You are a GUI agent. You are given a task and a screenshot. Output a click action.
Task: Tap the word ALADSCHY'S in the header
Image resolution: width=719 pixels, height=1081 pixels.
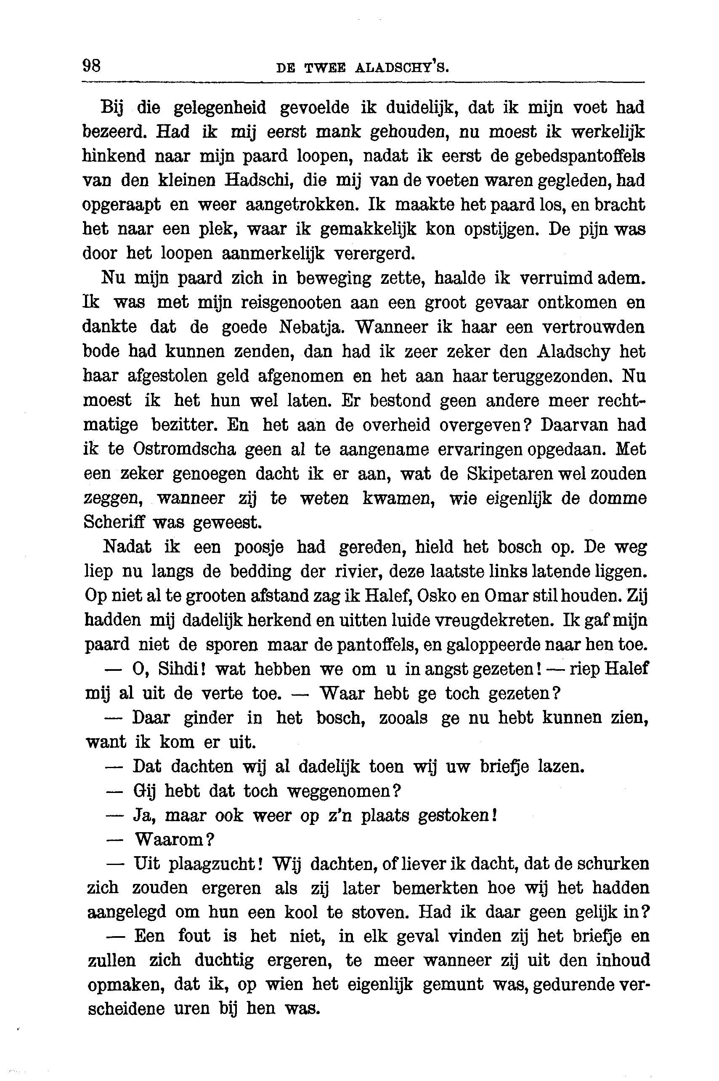402,68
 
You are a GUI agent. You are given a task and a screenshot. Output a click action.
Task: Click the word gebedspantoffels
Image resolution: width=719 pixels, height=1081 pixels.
580,157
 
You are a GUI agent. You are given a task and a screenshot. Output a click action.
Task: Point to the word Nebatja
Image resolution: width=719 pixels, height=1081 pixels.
310,327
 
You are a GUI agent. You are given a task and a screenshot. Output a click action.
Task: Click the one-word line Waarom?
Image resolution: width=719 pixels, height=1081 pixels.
175,840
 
